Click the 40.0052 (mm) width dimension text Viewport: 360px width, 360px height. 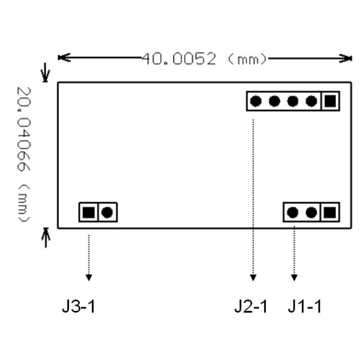click(204, 59)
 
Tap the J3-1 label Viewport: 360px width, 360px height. click(79, 307)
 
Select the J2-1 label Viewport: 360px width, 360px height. click(251, 307)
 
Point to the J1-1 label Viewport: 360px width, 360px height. click(304, 307)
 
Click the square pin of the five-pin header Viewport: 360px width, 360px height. click(329, 101)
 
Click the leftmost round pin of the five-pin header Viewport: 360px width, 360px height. click(256, 101)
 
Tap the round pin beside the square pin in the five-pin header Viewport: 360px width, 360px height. click(311, 101)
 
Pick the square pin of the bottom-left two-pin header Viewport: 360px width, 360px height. click(89, 212)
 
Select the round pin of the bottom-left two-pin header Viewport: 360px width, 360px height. click(107, 212)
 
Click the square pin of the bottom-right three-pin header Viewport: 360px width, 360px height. click(329, 212)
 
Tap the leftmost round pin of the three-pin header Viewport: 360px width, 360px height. click(293, 212)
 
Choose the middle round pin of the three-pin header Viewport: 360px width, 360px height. click(311, 212)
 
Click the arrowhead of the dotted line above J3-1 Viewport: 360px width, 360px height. click(89, 277)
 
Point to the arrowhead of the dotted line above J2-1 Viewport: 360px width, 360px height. click(253, 277)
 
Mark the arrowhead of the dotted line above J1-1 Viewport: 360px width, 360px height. click(294, 277)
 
